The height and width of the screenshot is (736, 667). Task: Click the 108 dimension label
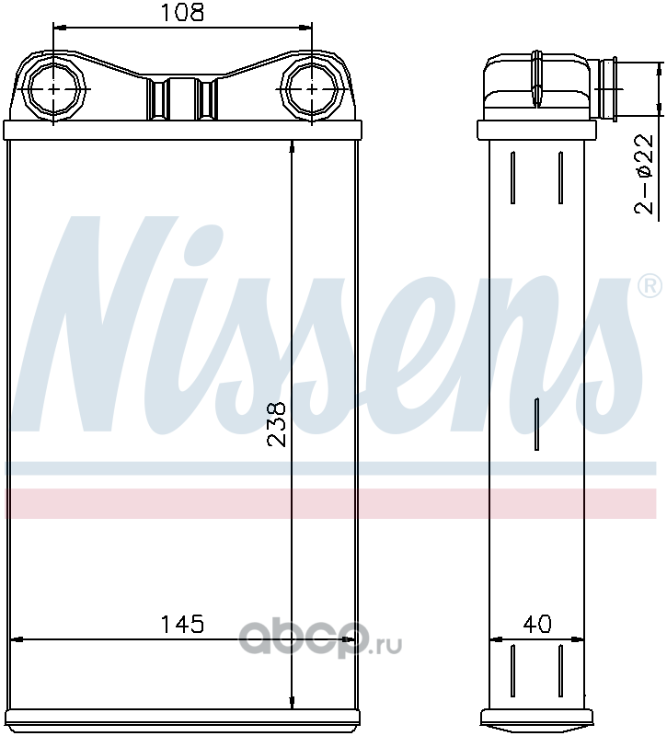point(182,13)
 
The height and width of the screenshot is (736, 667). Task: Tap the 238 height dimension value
point(277,424)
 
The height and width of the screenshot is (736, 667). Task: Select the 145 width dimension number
point(182,624)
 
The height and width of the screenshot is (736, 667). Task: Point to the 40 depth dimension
point(537,624)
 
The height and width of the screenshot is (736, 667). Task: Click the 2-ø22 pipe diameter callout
point(644,174)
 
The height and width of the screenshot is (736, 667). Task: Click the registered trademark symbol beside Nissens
point(650,286)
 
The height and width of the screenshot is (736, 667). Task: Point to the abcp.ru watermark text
point(320,638)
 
